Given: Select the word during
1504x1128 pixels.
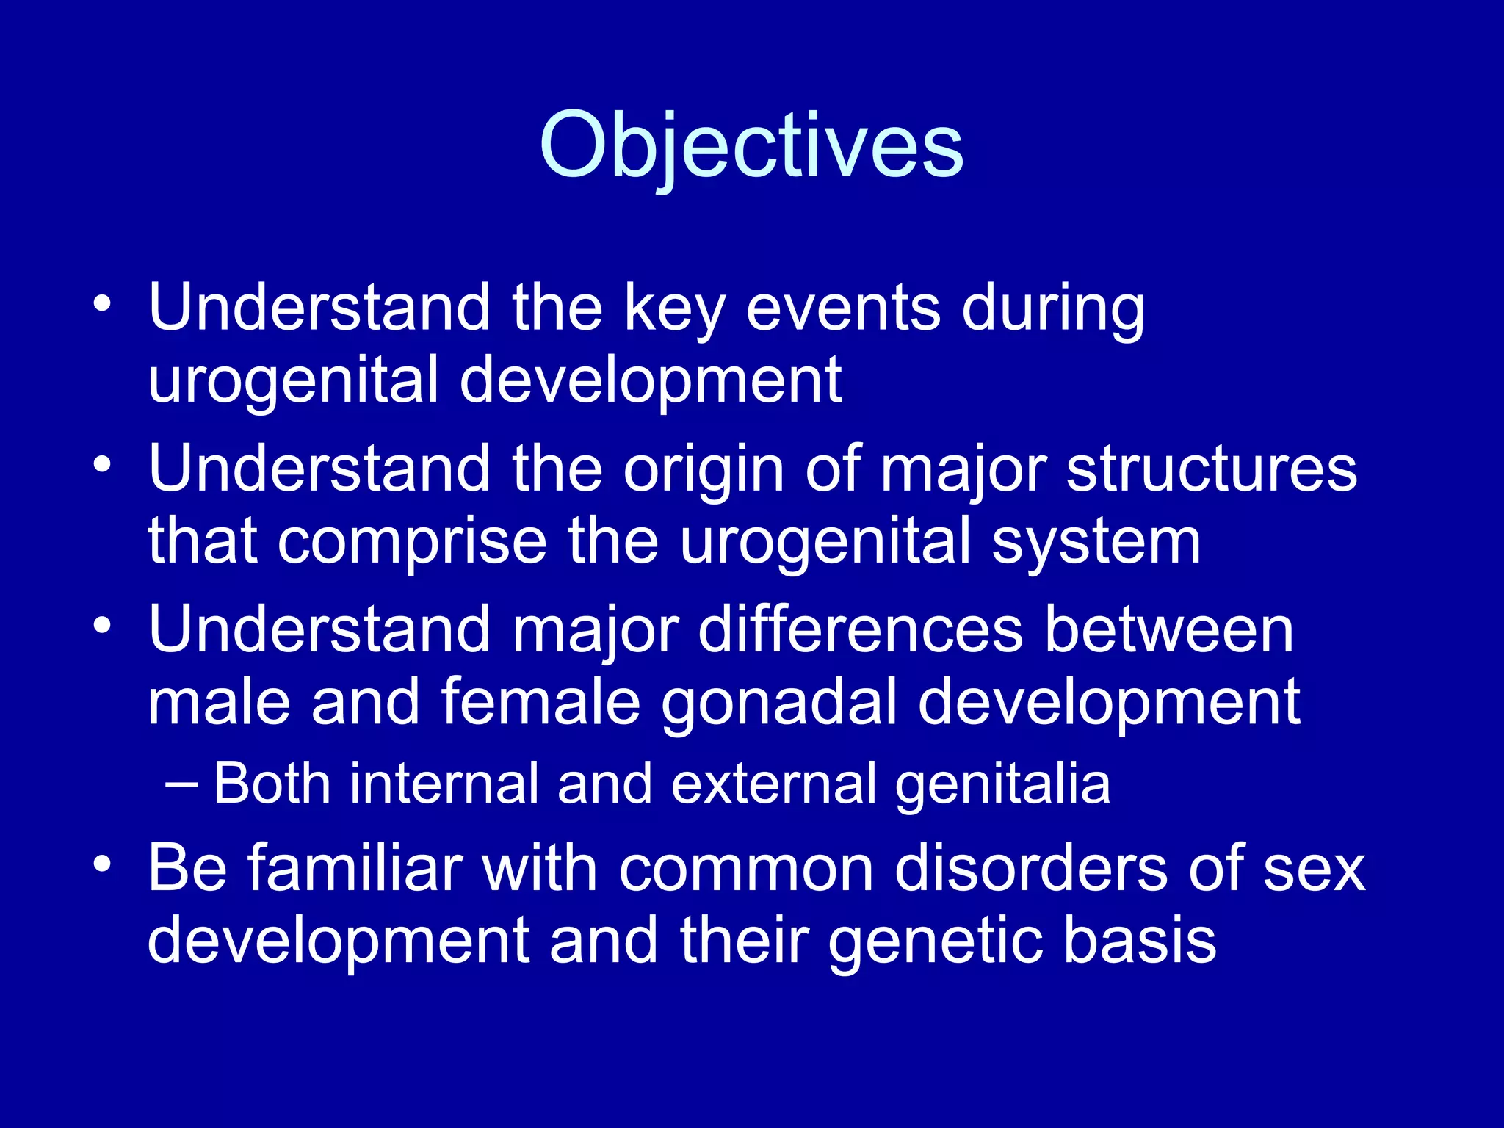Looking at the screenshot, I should point(1053,308).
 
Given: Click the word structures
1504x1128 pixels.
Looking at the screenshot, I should point(1212,470).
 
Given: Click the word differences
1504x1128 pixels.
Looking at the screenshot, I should point(860,630).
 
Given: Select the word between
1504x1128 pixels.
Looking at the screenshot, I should point(1168,630).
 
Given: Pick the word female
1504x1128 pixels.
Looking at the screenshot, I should point(540,704).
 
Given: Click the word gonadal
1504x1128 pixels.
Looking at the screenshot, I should point(779,704).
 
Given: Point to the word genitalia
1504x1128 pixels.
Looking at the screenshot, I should point(1002,784).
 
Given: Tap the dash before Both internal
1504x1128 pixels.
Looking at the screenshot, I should point(181,784).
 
